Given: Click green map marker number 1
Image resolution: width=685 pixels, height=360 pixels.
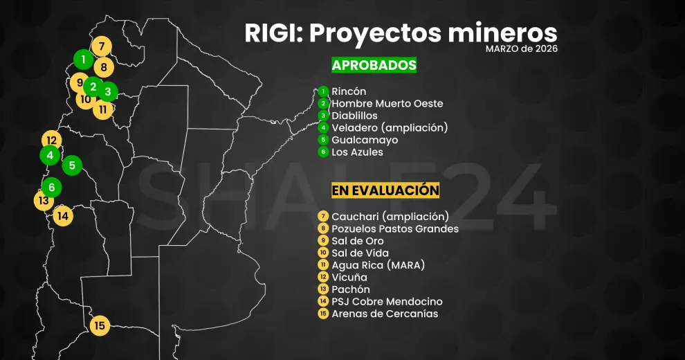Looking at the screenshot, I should coord(84,60).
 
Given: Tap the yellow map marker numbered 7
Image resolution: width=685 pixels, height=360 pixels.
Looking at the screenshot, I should coord(102,47).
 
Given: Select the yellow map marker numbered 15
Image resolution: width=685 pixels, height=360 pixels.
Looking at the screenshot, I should coord(100,325).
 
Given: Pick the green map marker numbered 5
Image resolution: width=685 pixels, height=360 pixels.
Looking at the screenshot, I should coord(72,165).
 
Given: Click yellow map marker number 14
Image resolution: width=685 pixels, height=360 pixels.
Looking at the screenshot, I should coord(63,215).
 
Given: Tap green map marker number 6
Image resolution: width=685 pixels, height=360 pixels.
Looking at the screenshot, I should coord(51,187).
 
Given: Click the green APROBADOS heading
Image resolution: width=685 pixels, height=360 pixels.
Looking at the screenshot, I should coord(374,65).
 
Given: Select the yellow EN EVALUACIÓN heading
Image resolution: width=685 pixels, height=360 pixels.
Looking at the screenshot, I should coord(385,190).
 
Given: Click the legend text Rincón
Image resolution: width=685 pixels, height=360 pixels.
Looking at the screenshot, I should coord(349,91).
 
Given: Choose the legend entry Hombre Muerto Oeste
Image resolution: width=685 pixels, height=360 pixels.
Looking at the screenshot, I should coord(387,104).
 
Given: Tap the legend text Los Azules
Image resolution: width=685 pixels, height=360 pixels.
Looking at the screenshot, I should coord(357,152).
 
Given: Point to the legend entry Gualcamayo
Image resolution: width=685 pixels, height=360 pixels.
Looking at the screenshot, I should coord(365,140).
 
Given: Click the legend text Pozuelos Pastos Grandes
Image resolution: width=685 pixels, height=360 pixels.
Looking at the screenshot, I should coord(394,228).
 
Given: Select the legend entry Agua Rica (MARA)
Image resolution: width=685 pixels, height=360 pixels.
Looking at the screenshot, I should coord(378,265).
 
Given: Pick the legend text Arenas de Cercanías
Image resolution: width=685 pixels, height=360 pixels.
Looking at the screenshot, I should coord(385,314).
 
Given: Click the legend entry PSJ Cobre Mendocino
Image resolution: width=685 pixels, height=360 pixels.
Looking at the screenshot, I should coord(387,302).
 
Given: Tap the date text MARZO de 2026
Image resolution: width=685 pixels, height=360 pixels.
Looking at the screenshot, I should coord(521,49).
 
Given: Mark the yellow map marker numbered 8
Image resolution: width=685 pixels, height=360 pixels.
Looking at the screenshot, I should coord(104,67).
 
